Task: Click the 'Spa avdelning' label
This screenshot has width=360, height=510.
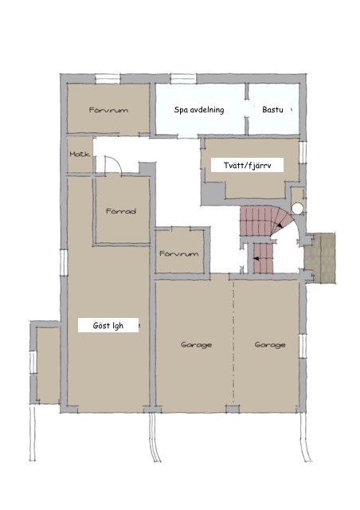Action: tap(199, 110)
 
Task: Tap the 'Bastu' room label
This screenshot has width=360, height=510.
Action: tap(272, 110)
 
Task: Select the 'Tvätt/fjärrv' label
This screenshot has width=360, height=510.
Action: tap(247, 165)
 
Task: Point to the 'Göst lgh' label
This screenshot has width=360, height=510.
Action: tap(108, 325)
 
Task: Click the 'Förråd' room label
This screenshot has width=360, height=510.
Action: tap(121, 211)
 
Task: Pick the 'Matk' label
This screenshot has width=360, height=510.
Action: tap(80, 154)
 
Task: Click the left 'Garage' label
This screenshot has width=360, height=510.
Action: tap(196, 344)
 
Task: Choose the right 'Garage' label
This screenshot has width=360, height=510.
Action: tap(270, 344)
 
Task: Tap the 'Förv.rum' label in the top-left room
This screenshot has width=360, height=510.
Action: tap(108, 110)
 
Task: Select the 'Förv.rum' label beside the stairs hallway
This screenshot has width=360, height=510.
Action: tap(179, 253)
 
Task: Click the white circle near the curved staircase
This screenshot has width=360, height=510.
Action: tap(297, 208)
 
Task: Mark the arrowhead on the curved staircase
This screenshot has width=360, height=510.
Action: tap(280, 226)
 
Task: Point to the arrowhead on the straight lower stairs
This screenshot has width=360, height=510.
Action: tap(256, 259)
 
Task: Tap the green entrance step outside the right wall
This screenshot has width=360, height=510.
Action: tap(319, 258)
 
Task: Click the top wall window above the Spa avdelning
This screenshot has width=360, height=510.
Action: tap(183, 79)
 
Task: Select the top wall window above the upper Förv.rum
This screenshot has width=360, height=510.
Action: tap(108, 79)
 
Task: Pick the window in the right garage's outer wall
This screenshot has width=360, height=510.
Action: tap(303, 346)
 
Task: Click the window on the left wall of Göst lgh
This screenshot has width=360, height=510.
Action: tap(64, 263)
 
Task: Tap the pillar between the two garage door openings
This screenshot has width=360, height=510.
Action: tap(233, 409)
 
